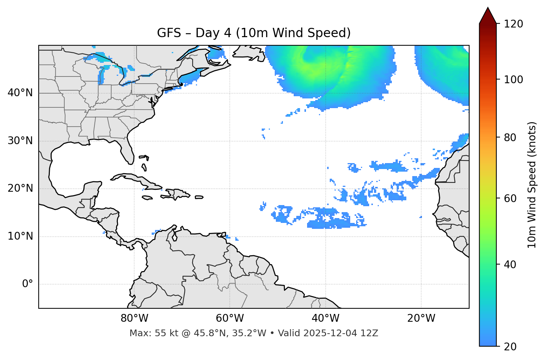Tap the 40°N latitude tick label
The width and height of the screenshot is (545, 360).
[x=20, y=93]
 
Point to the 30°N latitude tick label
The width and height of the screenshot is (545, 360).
[x=20, y=141]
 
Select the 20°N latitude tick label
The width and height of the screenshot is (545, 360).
[x=20, y=188]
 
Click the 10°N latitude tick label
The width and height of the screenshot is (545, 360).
[x=20, y=236]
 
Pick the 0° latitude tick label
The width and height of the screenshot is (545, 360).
[x=28, y=284]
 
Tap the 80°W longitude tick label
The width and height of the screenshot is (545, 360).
[x=134, y=318]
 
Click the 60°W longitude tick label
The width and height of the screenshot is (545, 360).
[x=230, y=318]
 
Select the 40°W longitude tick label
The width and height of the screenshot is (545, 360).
[x=325, y=318]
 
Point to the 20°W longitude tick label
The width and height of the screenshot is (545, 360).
[x=421, y=318]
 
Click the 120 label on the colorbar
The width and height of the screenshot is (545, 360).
[x=513, y=24]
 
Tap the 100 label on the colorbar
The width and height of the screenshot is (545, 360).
[x=513, y=80]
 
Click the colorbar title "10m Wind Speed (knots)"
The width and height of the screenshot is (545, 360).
[x=532, y=185]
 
